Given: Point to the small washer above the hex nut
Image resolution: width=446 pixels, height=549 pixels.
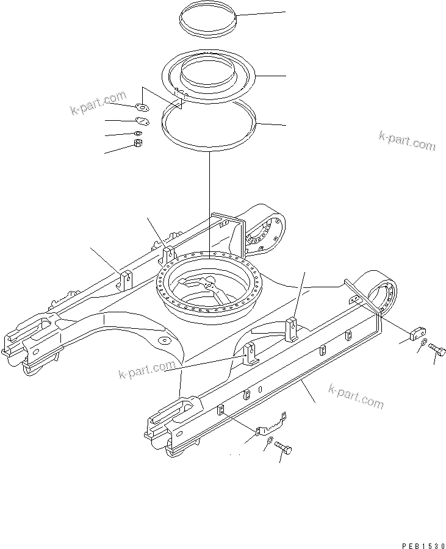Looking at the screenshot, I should point(138,134).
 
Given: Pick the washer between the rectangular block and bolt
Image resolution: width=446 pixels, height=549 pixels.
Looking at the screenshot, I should point(423,346).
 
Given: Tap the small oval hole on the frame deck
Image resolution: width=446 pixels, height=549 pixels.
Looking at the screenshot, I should point(163,339).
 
